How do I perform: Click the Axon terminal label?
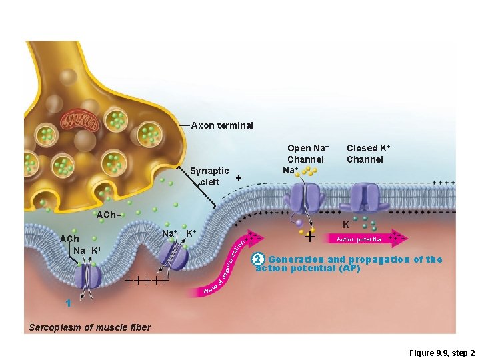pos(222,125)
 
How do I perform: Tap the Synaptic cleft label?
pos(209,177)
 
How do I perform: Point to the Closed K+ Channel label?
pos(365,153)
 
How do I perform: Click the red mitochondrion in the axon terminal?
pos(79,121)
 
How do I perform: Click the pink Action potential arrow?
pos(363,238)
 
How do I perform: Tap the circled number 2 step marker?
pos(261,259)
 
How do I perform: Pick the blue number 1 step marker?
pos(68,303)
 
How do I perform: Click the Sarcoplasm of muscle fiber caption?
pos(90,327)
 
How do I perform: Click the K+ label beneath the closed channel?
pos(347,225)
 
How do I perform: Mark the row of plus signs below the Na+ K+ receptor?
pos(146,281)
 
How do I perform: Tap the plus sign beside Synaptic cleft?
pos(238,178)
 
